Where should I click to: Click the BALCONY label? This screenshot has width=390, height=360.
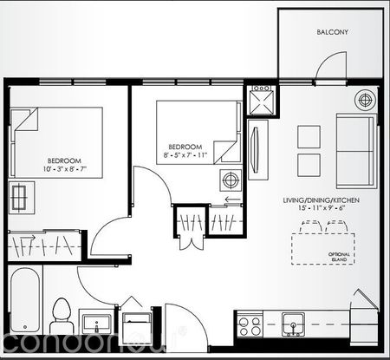pyautogui.click(x=332, y=32)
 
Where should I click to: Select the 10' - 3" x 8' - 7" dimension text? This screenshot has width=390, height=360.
pyautogui.click(x=64, y=171)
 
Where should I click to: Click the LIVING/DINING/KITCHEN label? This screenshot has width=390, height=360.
pyautogui.click(x=321, y=200)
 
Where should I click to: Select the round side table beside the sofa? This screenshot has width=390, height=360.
pyautogui.click(x=362, y=99)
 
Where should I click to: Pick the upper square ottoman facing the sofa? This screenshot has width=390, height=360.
pyautogui.click(x=309, y=135)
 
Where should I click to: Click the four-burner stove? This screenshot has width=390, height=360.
pyautogui.click(x=250, y=326)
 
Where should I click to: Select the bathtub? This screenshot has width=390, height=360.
pyautogui.click(x=24, y=304)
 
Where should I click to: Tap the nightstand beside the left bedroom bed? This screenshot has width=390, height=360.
pyautogui.click(x=21, y=197)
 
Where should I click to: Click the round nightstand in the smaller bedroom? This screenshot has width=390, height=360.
pyautogui.click(x=231, y=180)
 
